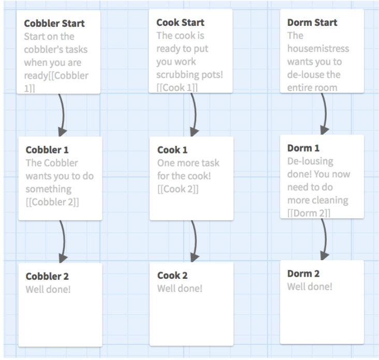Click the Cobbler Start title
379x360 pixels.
pyautogui.click(x=54, y=23)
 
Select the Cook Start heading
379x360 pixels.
pyautogui.click(x=180, y=23)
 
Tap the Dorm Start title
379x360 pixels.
pyautogui.click(x=312, y=23)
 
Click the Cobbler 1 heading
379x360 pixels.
pyautogui.click(x=47, y=150)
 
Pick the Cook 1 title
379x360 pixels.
pyautogui.click(x=172, y=150)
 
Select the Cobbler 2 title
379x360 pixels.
pyautogui.click(x=47, y=276)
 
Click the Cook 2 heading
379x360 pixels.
pyautogui.click(x=172, y=276)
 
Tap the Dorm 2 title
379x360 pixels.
pyautogui.click(x=303, y=274)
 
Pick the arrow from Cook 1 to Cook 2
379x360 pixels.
pyautogui.click(x=194, y=241)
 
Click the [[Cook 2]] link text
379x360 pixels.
pyautogui.click(x=178, y=189)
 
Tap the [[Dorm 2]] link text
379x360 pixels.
pyautogui.click(x=309, y=213)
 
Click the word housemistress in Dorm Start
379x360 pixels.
pyautogui.click(x=318, y=49)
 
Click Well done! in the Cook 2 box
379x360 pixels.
pyautogui.click(x=180, y=289)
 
